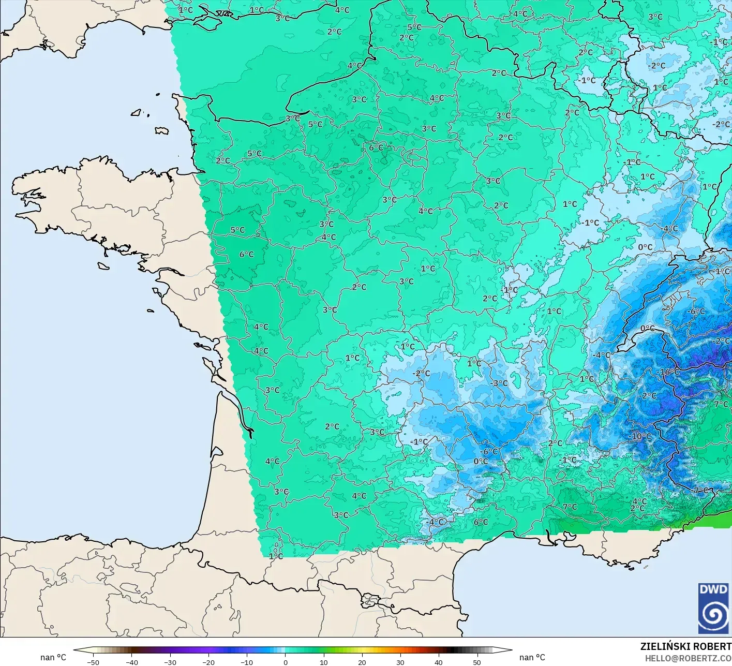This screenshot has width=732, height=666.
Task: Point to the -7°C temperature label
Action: tap(700, 490)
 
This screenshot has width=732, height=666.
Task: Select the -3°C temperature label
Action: tap(500, 383)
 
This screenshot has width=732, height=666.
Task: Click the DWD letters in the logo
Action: tap(713, 589)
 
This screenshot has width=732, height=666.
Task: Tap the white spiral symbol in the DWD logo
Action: tap(713, 615)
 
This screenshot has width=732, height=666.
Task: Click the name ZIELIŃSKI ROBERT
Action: tap(685, 646)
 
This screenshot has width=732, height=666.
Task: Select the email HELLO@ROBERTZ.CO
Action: tap(688, 658)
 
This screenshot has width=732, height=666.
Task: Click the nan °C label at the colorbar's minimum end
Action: tap(53, 657)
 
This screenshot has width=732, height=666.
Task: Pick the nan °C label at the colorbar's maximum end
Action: tap(532, 657)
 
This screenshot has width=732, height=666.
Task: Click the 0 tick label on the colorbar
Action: tap(285, 662)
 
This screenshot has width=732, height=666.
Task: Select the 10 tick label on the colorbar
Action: tap(323, 662)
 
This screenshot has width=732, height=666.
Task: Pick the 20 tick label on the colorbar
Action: tap(362, 662)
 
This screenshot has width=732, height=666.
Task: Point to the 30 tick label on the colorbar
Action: tap(400, 662)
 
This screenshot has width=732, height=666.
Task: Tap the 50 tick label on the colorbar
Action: tap(476, 662)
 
